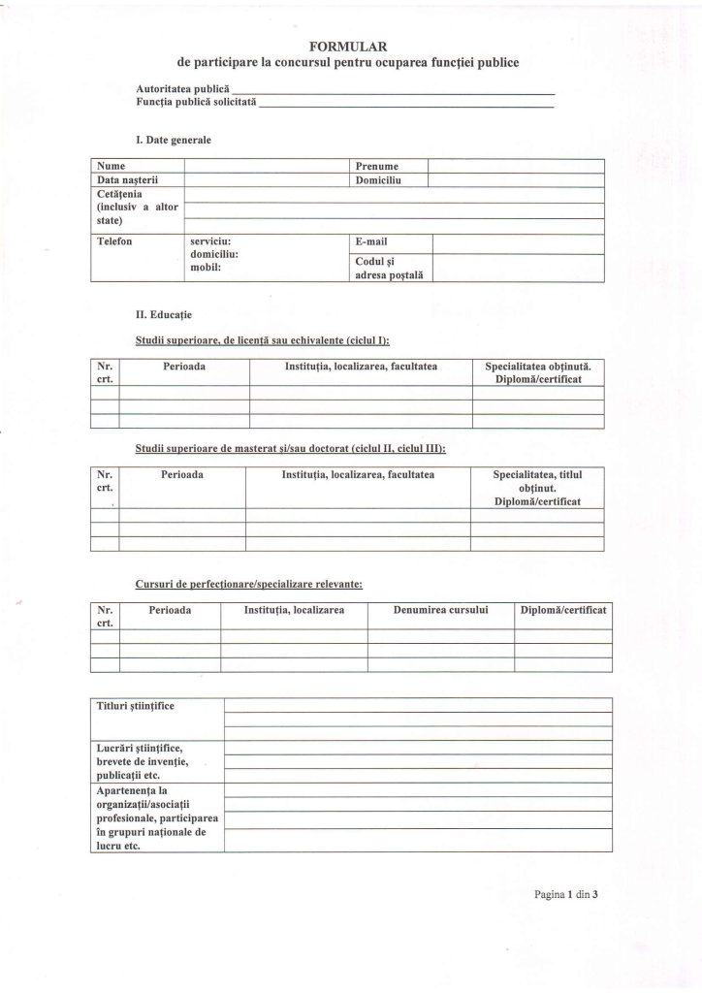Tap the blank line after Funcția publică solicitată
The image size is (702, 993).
coord(406,105)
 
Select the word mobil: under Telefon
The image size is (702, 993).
coord(207,267)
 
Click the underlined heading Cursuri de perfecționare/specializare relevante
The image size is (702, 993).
coord(249,585)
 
